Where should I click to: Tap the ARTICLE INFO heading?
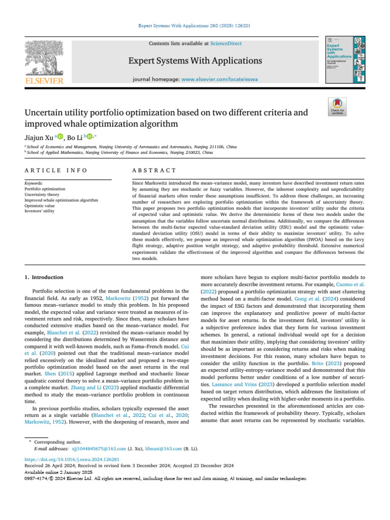click(55, 170)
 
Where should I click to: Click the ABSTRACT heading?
click(154, 170)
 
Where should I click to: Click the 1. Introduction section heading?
click(44, 277)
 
